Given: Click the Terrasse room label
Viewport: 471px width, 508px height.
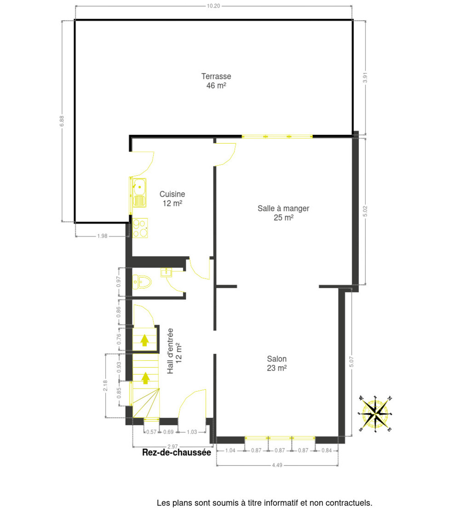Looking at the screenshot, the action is point(216,81).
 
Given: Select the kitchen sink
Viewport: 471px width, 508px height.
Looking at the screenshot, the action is point(139,193).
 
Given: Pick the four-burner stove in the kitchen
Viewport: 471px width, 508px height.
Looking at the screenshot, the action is point(140,228).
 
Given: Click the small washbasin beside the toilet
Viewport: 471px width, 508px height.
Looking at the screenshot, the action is point(166,272).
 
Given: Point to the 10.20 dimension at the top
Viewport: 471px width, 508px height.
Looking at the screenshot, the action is point(214,6).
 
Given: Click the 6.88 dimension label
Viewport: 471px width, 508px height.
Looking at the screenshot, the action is point(62,121).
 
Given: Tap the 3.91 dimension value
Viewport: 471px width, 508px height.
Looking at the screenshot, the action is point(365,77).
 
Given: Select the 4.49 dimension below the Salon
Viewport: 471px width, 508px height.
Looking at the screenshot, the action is point(277,465).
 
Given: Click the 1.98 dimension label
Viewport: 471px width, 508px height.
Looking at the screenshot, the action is point(102,236).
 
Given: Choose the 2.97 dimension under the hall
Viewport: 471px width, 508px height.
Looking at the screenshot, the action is point(172,447).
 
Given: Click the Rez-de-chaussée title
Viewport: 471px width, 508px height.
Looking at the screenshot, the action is point(177,453).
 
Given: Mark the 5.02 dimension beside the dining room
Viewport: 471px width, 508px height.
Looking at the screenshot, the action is point(365,211).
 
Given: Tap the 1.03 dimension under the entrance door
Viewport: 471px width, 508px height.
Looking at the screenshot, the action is point(192,432).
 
